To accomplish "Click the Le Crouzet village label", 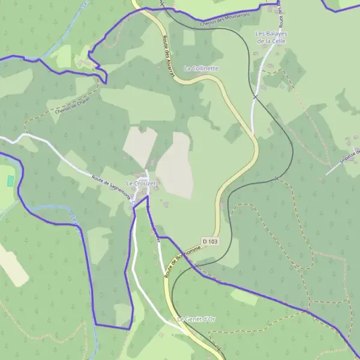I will click(x=141, y=182).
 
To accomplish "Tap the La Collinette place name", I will click(x=202, y=68).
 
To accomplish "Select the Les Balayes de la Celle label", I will click(x=271, y=37).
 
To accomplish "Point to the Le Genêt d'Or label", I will click(x=196, y=319).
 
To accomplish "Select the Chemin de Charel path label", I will click(x=71, y=105).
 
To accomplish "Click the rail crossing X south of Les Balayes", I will click(x=256, y=96).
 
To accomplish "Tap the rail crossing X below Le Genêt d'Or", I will click(x=218, y=349).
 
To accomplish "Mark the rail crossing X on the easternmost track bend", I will click(x=276, y=178).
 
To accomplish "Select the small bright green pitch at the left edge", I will click(x=10, y=180).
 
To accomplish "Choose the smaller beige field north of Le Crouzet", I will click(x=140, y=146).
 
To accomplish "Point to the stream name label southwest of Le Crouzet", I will click(x=76, y=228).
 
